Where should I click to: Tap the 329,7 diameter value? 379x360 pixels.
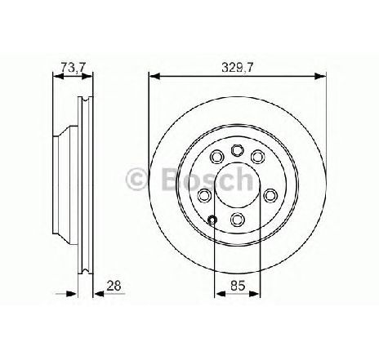pos(238,67)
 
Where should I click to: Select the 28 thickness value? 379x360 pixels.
pos(114,286)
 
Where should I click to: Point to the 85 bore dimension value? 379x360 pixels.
pos(238,286)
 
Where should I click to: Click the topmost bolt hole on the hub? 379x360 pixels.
pos(237,150)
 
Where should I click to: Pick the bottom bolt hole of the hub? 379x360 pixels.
pos(237,219)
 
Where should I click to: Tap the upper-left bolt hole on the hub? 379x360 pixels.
pos(217,157)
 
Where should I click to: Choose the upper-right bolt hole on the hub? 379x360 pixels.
pos(257,157)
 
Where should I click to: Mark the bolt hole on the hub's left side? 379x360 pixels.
pos(204,195)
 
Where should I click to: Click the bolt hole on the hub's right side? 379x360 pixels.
pos(270,195)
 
